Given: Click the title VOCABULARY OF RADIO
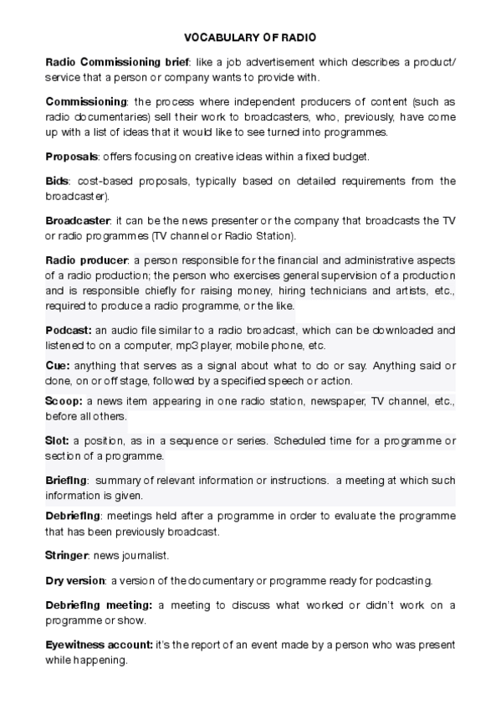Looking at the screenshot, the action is (x=250, y=38).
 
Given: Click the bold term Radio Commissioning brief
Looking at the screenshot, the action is (x=116, y=63).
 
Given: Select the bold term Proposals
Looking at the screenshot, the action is (x=72, y=157).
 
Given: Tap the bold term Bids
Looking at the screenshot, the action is (x=58, y=181).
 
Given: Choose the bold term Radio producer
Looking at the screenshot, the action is (x=86, y=260).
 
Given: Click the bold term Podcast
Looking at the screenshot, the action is (x=69, y=331).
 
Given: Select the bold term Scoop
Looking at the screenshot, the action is (x=63, y=401).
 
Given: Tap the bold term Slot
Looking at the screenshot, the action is (x=56, y=441).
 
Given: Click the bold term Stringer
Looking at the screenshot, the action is (x=66, y=555).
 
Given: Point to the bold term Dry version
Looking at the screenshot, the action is (x=74, y=580).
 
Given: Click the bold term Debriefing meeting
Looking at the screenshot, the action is (x=98, y=605).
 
